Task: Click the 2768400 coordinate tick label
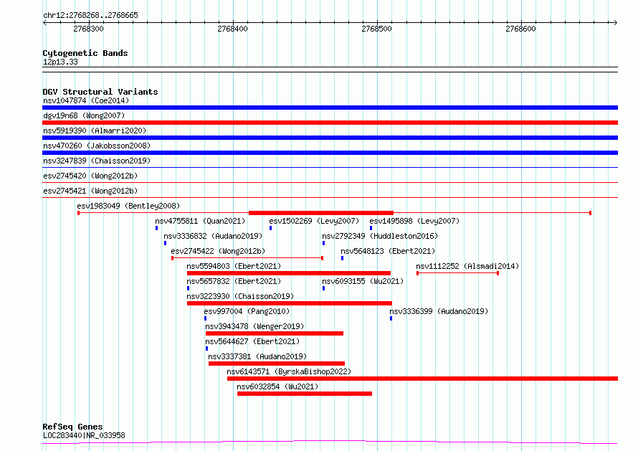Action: [x=232, y=29]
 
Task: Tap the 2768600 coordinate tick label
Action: [x=520, y=29]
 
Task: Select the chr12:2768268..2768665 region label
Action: [x=90, y=16]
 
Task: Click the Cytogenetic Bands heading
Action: [x=85, y=53]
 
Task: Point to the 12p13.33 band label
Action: [x=60, y=62]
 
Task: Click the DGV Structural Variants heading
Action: [x=100, y=92]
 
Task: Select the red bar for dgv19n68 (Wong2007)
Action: [x=330, y=123]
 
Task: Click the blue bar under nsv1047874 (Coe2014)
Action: [x=330, y=108]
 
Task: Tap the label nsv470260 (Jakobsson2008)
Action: [x=97, y=146]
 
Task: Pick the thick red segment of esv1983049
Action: [x=321, y=213]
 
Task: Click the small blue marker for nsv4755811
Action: [x=157, y=228]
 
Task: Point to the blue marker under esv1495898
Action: [x=371, y=228]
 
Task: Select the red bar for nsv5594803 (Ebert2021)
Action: [x=289, y=273]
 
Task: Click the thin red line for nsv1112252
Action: [x=458, y=273]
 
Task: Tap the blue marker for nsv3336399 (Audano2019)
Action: [x=391, y=318]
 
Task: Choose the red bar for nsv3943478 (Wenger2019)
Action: [x=275, y=333]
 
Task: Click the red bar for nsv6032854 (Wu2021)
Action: [x=305, y=394]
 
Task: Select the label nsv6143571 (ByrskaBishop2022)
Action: [x=289, y=371]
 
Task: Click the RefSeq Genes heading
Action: [x=72, y=427]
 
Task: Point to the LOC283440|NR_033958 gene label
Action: [x=84, y=435]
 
